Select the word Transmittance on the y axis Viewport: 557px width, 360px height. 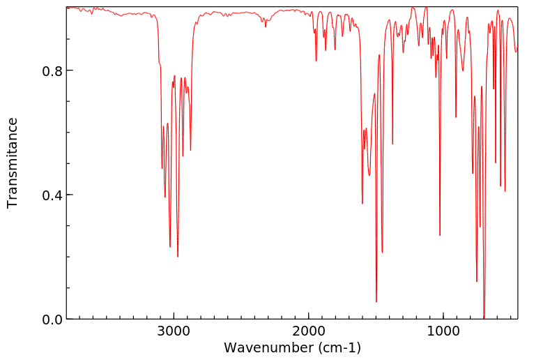[x=13, y=163]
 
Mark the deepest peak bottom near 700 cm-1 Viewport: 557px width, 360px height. [x=484, y=317]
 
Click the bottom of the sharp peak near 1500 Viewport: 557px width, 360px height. [x=376, y=301]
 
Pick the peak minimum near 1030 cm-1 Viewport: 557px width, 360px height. [x=440, y=235]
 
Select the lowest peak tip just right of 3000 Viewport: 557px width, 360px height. [x=178, y=256]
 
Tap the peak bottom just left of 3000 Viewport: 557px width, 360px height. [x=170, y=246]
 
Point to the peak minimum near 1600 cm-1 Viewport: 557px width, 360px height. [x=363, y=203]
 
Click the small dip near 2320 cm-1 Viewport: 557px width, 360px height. [x=266, y=27]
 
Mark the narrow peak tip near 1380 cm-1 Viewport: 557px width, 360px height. [x=392, y=144]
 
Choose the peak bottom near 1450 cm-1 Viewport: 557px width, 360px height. [x=382, y=252]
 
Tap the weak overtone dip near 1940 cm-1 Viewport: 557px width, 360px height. [x=316, y=61]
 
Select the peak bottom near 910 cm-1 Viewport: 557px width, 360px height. [x=456, y=117]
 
